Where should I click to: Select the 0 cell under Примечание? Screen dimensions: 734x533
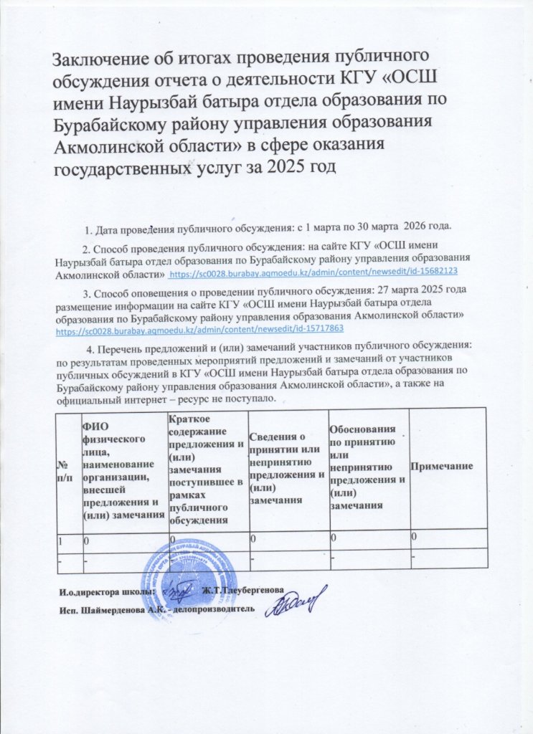click(x=415, y=537)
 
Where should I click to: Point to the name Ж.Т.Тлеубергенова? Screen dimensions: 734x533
click(x=242, y=591)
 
